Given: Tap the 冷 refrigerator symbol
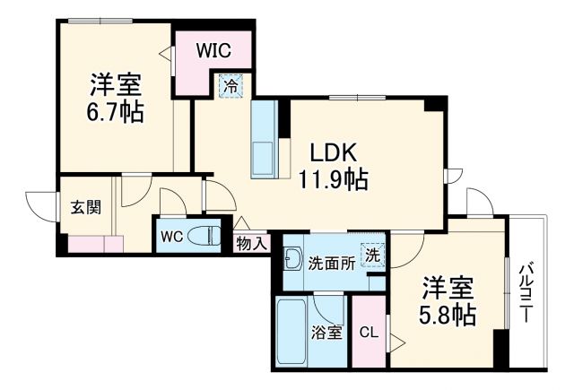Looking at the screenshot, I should (230, 88).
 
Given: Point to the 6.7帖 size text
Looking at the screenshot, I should (114, 115).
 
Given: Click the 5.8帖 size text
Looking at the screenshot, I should (447, 316).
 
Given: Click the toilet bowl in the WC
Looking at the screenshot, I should (208, 237).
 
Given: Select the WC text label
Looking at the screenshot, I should (171, 238).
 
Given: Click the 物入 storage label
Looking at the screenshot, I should (251, 243).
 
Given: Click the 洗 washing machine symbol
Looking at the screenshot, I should (371, 254).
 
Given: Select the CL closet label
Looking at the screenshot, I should (369, 333).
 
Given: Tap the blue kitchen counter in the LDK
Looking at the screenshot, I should (265, 139).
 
